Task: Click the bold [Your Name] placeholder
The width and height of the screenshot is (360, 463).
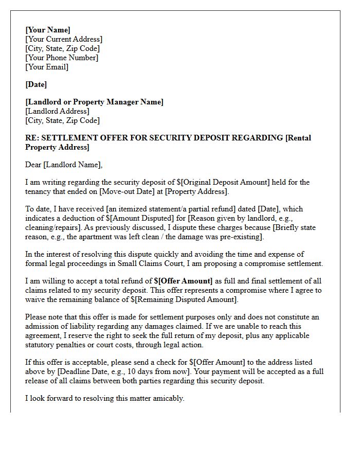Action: [x=48, y=30]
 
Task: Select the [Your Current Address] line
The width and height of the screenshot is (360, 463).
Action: [x=64, y=39]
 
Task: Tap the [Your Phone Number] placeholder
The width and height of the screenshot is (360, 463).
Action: [x=62, y=58]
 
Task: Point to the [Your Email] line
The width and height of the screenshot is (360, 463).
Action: [x=47, y=67]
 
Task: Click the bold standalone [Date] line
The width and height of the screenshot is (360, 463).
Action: [x=36, y=84]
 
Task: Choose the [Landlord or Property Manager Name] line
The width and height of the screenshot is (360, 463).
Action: [x=94, y=102]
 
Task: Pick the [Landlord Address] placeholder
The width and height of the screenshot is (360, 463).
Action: [x=57, y=111]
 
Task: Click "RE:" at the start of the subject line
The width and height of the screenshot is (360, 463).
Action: [x=32, y=138]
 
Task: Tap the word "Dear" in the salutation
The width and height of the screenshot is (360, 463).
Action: [x=33, y=165]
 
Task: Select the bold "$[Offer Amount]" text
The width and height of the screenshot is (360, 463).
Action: [x=183, y=281]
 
